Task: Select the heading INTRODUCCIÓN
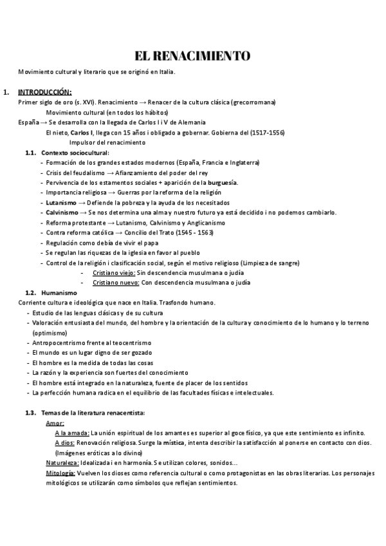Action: coord(44,92)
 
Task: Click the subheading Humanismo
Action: coord(59,292)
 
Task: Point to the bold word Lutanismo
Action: coord(62,202)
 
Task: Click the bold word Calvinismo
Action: coord(63,212)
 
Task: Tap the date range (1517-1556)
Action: coord(265,133)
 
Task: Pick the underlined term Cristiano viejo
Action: coord(113,272)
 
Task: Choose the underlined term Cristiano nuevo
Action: coord(115,283)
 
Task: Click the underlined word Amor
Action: coord(55,423)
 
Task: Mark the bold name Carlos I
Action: coord(82,133)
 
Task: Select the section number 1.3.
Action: coord(30,413)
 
